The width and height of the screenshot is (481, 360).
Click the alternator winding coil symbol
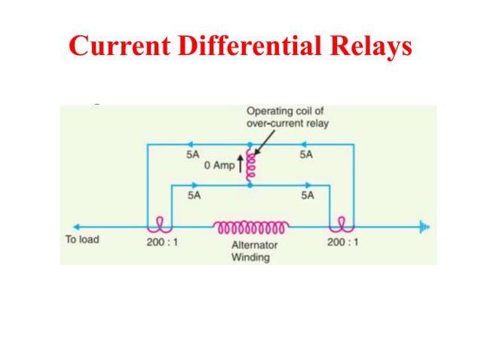251,226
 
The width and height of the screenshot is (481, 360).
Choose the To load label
82,240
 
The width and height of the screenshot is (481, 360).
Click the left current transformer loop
160,224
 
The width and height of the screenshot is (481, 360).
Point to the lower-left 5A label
194,194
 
